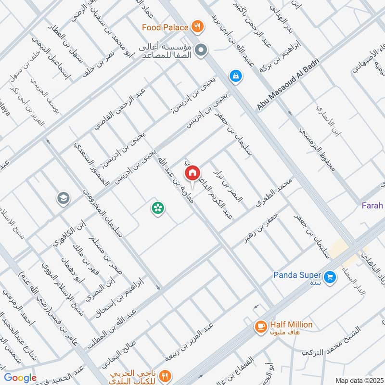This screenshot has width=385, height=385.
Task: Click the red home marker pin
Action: pos(192,173)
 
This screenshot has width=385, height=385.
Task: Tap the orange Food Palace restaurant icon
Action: pos(196,27)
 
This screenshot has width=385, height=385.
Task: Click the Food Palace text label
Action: pos(165,27)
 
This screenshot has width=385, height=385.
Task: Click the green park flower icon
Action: pos(157,208)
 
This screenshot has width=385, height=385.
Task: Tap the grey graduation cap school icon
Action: pos(63,198)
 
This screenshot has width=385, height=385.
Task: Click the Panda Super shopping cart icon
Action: pos(330,277)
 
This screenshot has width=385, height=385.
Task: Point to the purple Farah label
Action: pos(372,206)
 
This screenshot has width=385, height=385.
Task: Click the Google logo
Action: pos(20,378)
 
